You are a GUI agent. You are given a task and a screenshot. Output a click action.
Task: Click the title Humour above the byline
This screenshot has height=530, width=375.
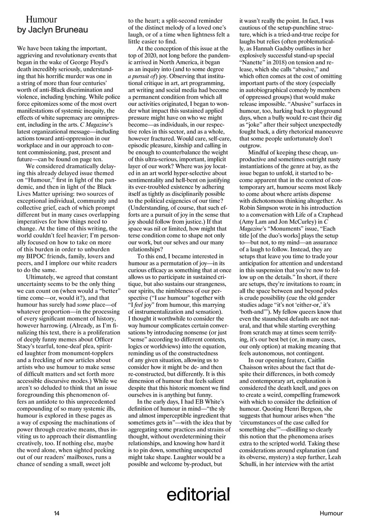[x=41, y=19]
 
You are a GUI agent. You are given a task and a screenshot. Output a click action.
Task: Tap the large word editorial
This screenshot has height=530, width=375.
[x=198, y=494]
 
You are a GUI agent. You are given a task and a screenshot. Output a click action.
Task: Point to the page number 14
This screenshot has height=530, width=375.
[x=57, y=513]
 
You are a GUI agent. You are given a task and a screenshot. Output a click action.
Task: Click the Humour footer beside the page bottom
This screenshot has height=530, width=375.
[x=331, y=513]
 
